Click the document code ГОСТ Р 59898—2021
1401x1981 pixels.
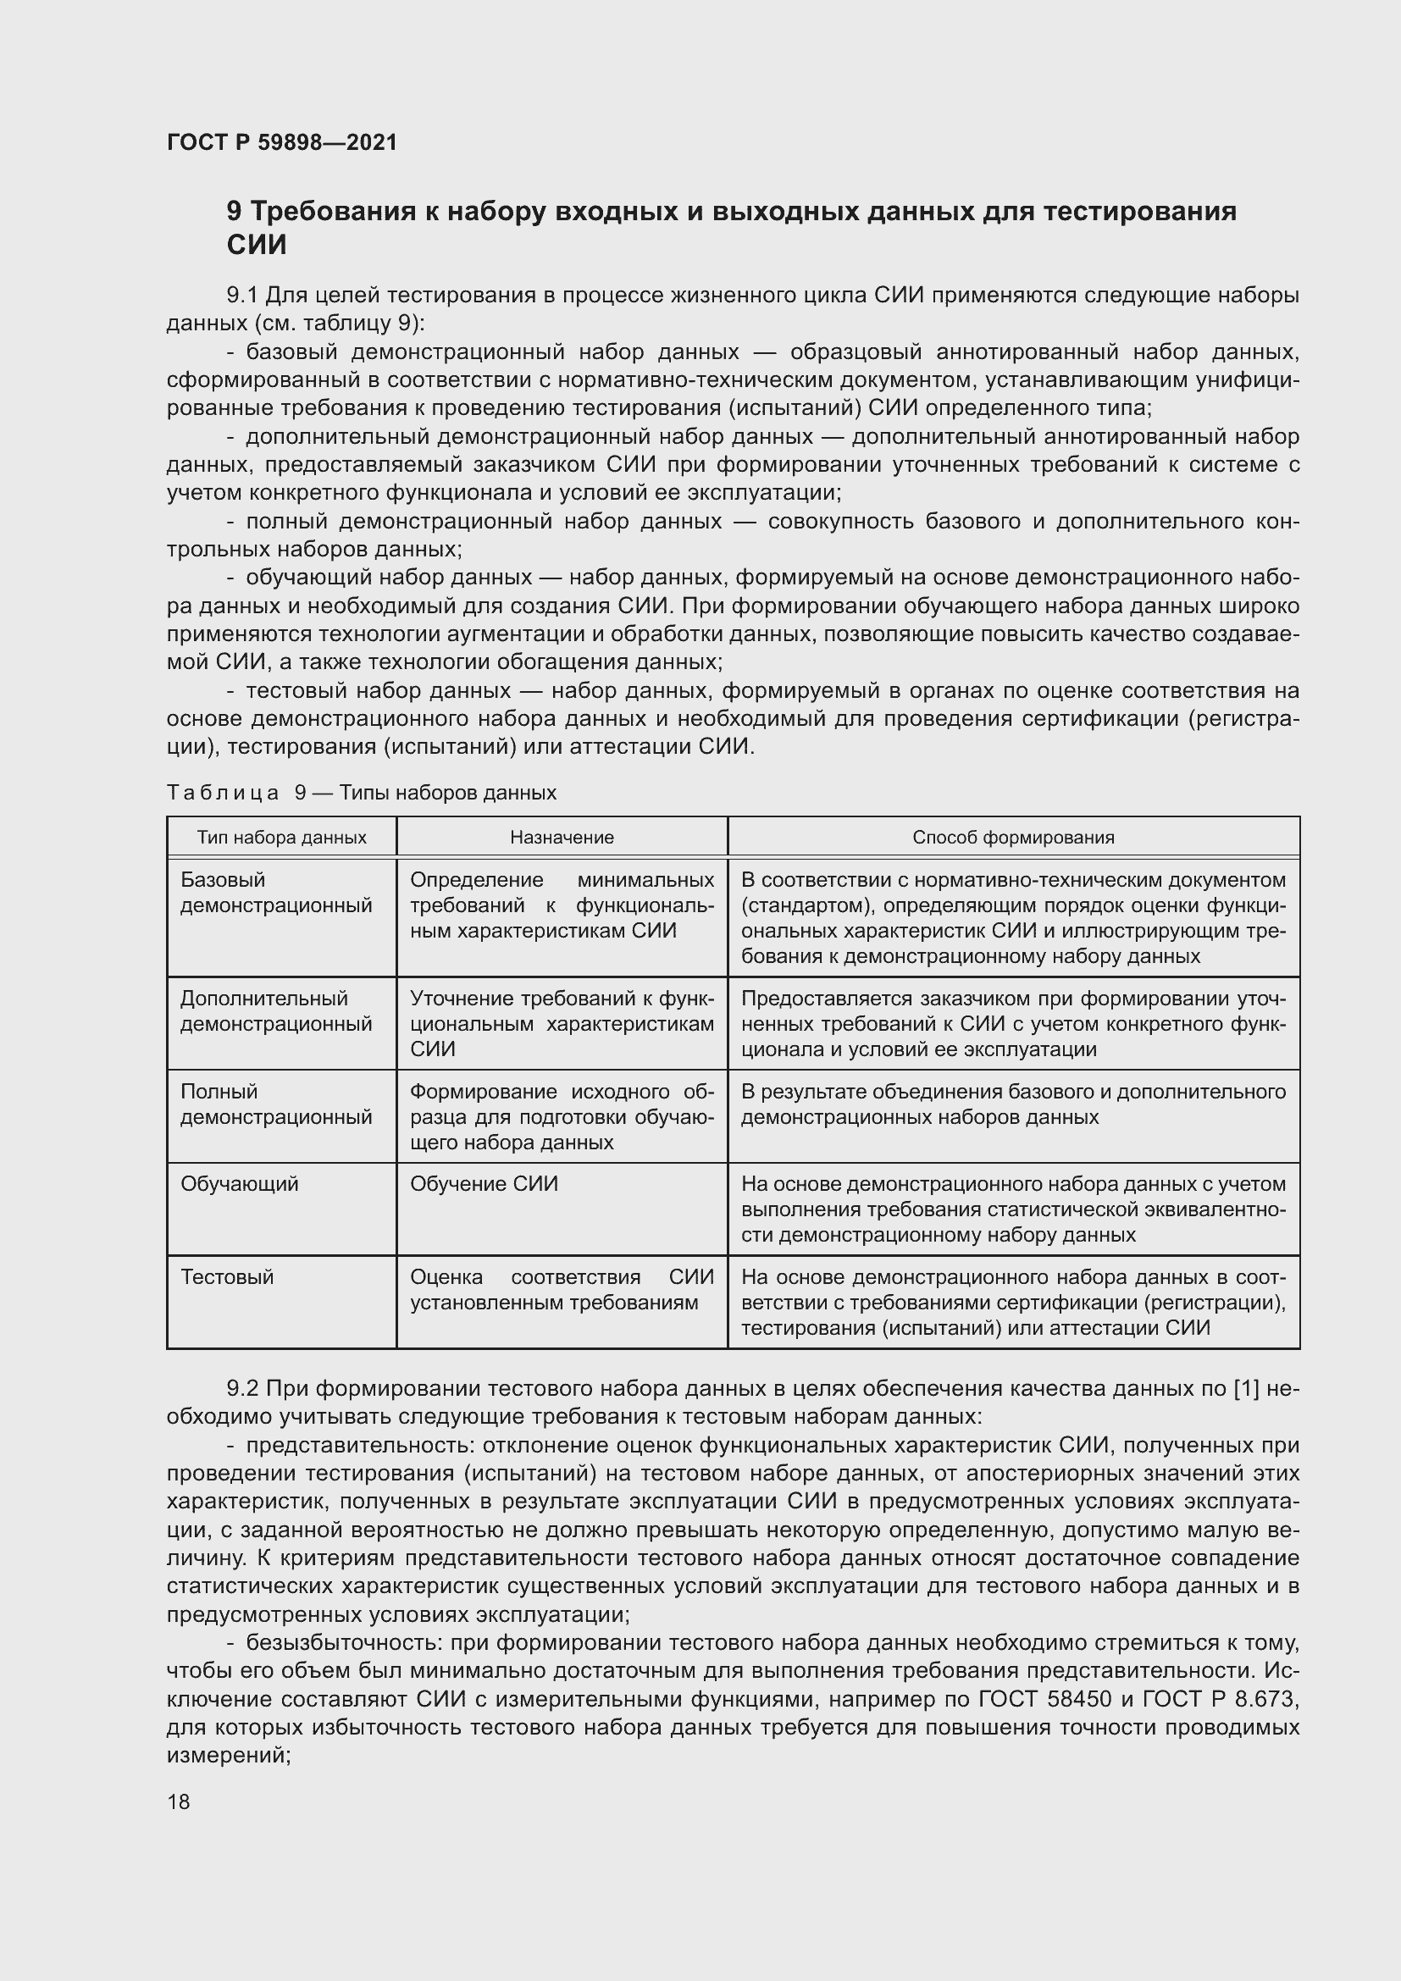coord(282,142)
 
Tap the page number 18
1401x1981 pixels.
coord(179,1801)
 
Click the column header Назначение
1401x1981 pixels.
coord(562,837)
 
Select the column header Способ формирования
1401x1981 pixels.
coord(1013,837)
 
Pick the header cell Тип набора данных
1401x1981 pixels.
coord(281,837)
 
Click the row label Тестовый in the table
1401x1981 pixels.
coord(227,1277)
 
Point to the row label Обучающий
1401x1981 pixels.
coord(239,1184)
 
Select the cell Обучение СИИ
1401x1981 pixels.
coord(484,1184)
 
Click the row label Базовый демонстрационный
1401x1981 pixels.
coord(276,892)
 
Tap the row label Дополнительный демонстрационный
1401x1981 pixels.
coord(276,1011)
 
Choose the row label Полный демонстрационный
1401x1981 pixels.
coord(276,1104)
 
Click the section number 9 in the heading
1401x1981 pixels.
coord(234,212)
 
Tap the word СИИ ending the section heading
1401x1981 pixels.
coord(256,245)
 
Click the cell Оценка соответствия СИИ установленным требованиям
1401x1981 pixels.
coord(562,1289)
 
